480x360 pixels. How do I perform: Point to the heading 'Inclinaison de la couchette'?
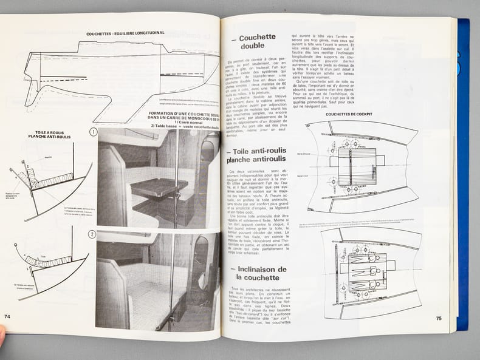256,273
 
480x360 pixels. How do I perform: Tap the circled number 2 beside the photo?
92,234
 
